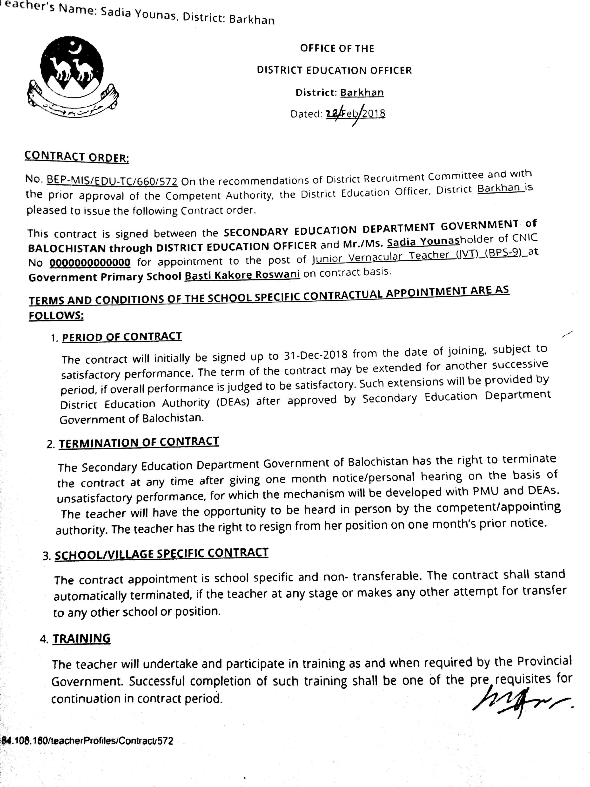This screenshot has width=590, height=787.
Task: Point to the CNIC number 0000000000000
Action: pyautogui.click(x=90, y=263)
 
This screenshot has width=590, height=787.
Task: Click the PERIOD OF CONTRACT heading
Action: pyautogui.click(x=122, y=337)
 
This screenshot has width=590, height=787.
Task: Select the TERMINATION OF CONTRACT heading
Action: pyautogui.click(x=139, y=442)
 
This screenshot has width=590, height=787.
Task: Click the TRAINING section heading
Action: pyautogui.click(x=81, y=639)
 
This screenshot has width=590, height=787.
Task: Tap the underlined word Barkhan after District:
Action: pyautogui.click(x=362, y=93)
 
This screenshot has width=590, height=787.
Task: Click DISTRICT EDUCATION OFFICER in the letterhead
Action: pyautogui.click(x=334, y=70)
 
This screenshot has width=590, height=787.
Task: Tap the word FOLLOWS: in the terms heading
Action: pyautogui.click(x=56, y=315)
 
